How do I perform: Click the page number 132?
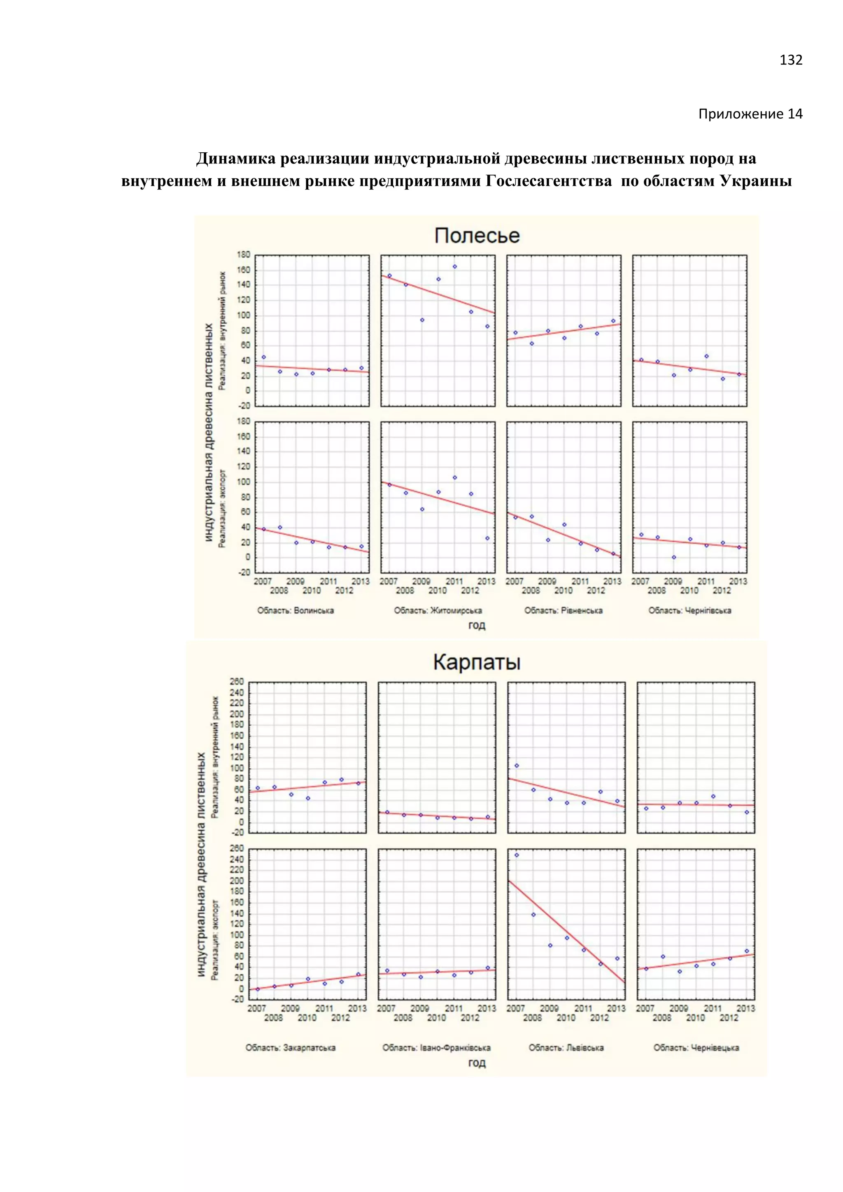pyautogui.click(x=791, y=60)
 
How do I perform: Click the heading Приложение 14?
pyautogui.click(x=750, y=114)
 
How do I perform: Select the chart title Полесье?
pyautogui.click(x=477, y=236)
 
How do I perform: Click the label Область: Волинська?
pyautogui.click(x=296, y=610)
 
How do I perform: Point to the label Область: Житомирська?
pyautogui.click(x=438, y=610)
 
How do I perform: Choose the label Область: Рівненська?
pyautogui.click(x=563, y=610)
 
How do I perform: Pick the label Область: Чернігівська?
pyautogui.click(x=689, y=610)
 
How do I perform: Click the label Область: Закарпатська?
pyautogui.click(x=290, y=1048)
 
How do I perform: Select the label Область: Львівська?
pyautogui.click(x=566, y=1048)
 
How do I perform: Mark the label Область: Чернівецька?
pyautogui.click(x=696, y=1048)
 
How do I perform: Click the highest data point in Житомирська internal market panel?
pyautogui.click(x=455, y=266)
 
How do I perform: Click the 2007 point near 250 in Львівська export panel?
pyautogui.click(x=517, y=855)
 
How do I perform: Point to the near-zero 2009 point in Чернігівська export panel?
pyautogui.click(x=674, y=557)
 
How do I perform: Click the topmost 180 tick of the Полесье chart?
pyautogui.click(x=243, y=255)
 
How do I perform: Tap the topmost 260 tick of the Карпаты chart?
pyautogui.click(x=237, y=682)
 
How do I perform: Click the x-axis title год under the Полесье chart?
pyautogui.click(x=477, y=625)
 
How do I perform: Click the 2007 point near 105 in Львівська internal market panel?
pyautogui.click(x=517, y=766)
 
